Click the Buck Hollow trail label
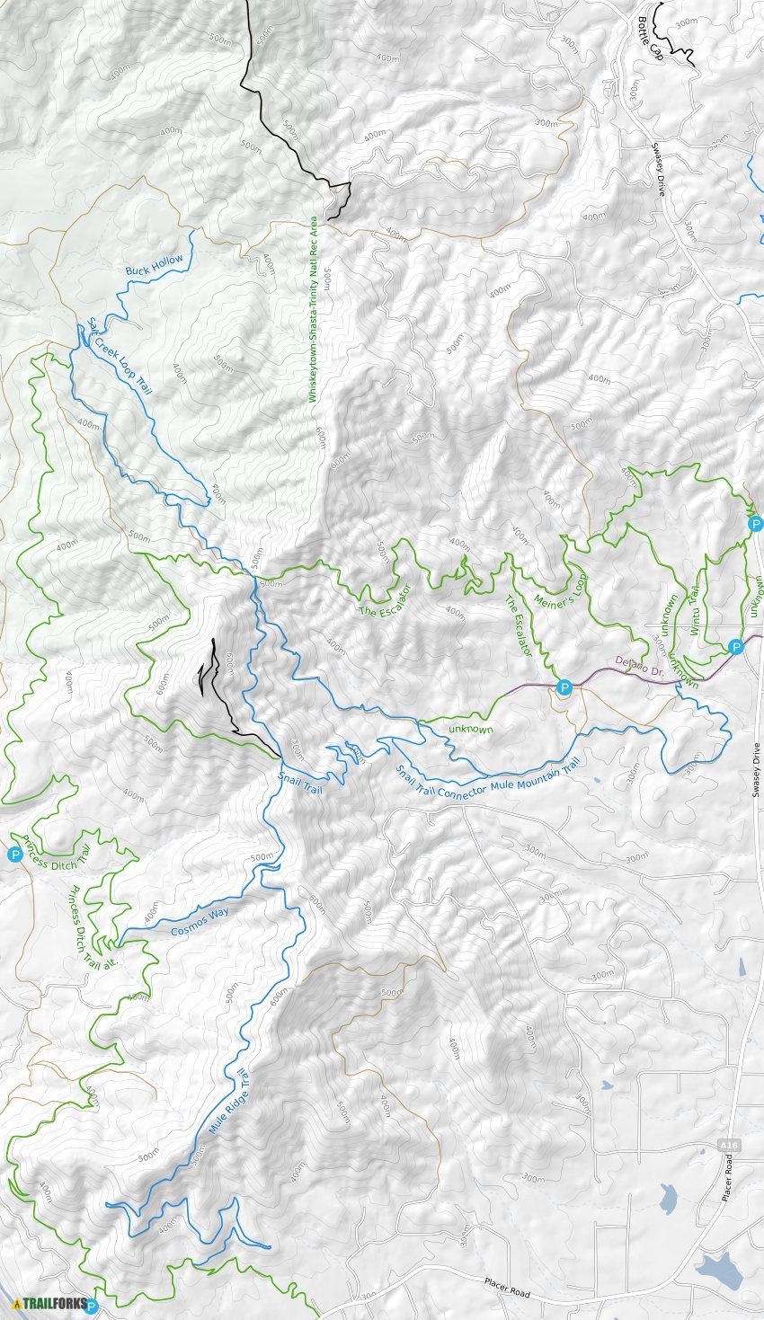coord(155,265)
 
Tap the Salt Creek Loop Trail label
coord(120,356)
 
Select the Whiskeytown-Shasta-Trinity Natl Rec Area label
coord(314,309)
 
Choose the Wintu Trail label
coord(695,613)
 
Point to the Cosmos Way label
coord(200,922)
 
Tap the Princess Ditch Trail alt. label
coord(93,926)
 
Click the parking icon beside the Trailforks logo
coord(90,1306)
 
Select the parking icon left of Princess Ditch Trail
coord(14,855)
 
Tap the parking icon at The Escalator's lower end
coord(564,688)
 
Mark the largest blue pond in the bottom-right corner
coord(717,1271)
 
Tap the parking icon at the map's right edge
coord(755,523)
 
